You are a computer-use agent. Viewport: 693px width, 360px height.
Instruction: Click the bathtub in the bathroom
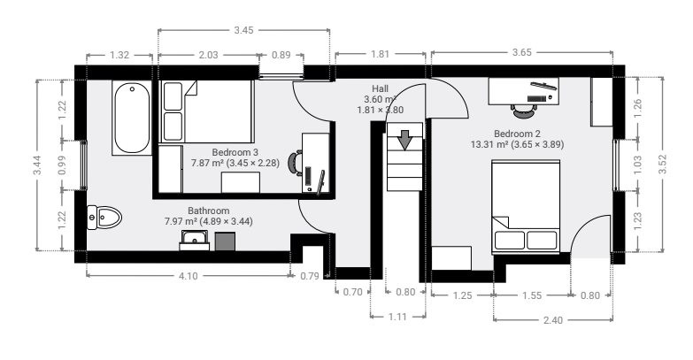(x=132, y=118)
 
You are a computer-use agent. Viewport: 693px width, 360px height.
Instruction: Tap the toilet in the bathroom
(x=104, y=218)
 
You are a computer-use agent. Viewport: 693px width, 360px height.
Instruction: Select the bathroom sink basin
(x=195, y=241)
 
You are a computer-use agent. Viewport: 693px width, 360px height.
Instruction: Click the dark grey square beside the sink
(x=225, y=241)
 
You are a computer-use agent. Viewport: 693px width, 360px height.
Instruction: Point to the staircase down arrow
(x=404, y=140)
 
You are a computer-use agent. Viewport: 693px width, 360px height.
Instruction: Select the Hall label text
(x=380, y=88)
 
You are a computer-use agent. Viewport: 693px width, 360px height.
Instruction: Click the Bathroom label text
(x=209, y=211)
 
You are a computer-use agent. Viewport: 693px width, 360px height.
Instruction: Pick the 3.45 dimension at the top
(x=243, y=30)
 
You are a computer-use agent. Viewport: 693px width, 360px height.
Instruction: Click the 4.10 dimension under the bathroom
(x=188, y=276)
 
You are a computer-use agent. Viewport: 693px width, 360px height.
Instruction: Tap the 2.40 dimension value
(x=552, y=320)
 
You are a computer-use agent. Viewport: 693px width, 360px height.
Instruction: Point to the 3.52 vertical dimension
(x=662, y=165)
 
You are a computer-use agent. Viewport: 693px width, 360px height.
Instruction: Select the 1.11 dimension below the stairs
(x=397, y=317)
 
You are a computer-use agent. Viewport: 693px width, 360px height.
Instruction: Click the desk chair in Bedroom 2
(x=525, y=110)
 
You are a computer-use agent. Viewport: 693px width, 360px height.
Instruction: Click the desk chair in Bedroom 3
(x=296, y=162)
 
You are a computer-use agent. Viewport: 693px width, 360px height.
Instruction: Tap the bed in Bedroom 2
(x=526, y=207)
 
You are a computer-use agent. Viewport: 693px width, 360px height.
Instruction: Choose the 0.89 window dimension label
(x=281, y=55)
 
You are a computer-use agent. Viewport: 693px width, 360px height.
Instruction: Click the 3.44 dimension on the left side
(x=37, y=165)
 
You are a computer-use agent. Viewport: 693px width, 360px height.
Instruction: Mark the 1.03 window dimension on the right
(x=637, y=165)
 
